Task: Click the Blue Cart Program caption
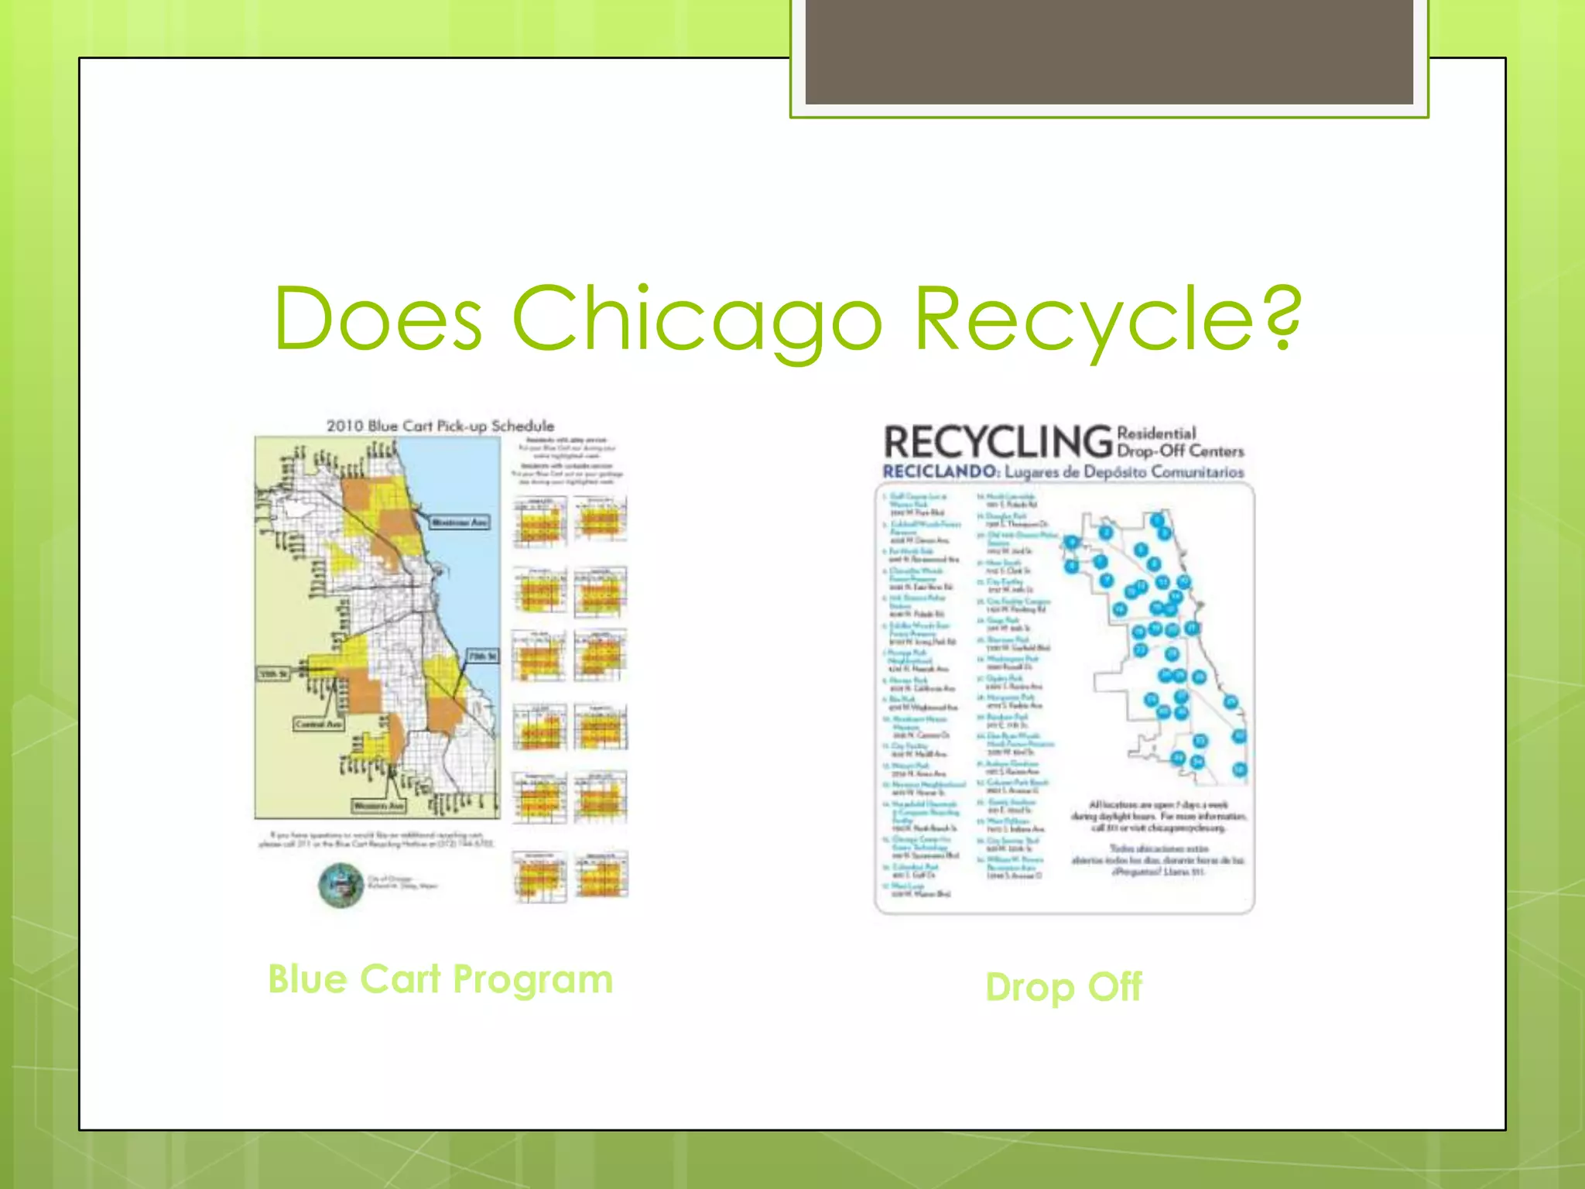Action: [x=440, y=979]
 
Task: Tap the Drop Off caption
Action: [x=1063, y=987]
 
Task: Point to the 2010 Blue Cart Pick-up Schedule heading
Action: [x=440, y=426]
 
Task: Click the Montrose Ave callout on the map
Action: [x=460, y=523]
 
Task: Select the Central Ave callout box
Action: [x=318, y=724]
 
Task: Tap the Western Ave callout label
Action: [x=378, y=806]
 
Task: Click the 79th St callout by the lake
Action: [x=482, y=656]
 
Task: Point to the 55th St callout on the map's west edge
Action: [x=272, y=674]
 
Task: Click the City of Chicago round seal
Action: [x=341, y=885]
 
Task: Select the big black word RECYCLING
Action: [x=998, y=442]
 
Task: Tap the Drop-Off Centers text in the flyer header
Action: [x=1180, y=451]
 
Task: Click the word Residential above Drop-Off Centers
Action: [x=1156, y=433]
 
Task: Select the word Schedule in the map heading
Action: [x=523, y=426]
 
